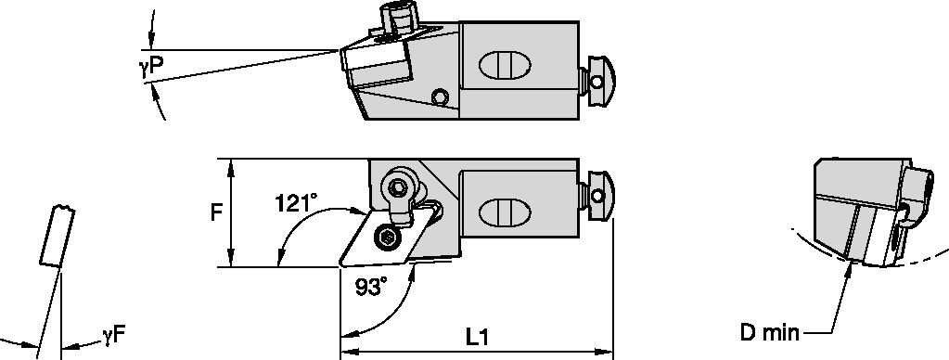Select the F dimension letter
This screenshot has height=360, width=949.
coord(215,212)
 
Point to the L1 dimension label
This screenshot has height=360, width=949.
coord(477,338)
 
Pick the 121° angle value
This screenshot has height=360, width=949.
coord(296,201)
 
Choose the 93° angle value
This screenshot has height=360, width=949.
coord(371,289)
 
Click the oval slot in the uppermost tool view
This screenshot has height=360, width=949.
coord(505,69)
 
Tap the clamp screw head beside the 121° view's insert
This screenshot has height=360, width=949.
coord(399,188)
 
